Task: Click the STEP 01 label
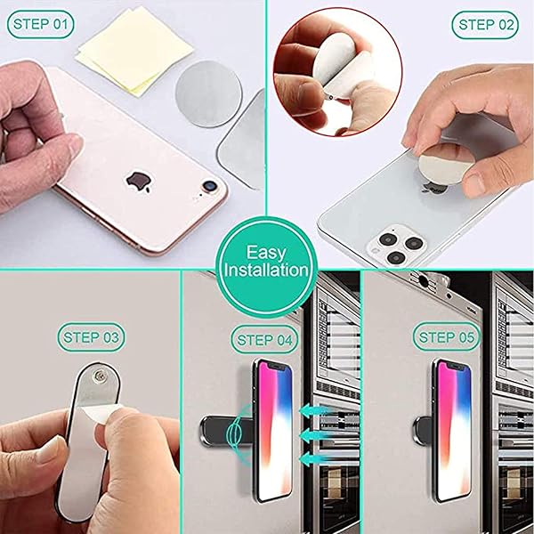click(40, 24)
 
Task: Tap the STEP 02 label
click(485, 25)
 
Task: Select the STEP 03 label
click(91, 337)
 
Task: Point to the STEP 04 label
click(264, 340)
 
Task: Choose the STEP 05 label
click(447, 337)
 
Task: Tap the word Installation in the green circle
click(266, 270)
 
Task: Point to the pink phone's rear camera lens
click(208, 186)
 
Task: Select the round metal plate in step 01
click(208, 94)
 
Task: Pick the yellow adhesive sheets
click(134, 52)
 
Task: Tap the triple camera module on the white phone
click(397, 244)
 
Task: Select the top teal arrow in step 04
click(314, 410)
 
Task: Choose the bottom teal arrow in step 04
click(314, 458)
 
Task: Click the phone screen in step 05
click(455, 431)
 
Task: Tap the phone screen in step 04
click(274, 431)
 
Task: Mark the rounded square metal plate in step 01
click(242, 140)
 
